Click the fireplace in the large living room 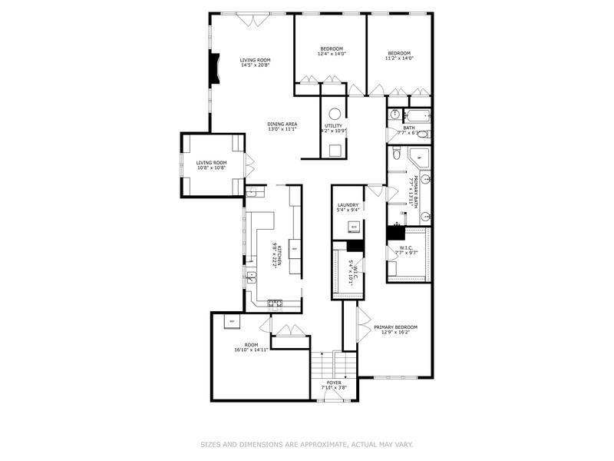(216, 67)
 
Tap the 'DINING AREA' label (282, 124)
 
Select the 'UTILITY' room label (333, 125)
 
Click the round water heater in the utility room (335, 112)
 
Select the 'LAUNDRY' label (348, 205)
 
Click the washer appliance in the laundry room (354, 227)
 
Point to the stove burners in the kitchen (276, 304)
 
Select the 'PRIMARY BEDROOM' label (395, 327)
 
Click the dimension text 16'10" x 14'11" (251, 350)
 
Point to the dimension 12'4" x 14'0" (332, 54)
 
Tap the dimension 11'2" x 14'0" (399, 58)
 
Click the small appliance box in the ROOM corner (229, 321)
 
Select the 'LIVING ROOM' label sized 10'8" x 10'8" (211, 162)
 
